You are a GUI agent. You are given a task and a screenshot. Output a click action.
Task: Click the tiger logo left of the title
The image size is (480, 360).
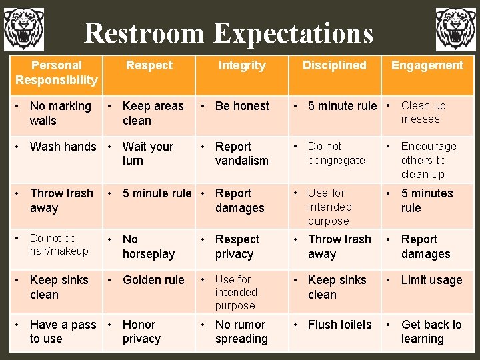(x=24, y=29)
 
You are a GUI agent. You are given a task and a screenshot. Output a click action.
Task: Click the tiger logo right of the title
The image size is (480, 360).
(x=456, y=29)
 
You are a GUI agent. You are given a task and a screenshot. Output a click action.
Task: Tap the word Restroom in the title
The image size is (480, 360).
(x=144, y=33)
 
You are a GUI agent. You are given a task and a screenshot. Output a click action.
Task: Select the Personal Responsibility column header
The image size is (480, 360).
(x=56, y=73)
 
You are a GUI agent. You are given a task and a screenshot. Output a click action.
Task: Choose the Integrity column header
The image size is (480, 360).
(x=242, y=65)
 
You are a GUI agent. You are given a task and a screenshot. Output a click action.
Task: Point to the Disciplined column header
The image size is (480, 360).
(x=334, y=65)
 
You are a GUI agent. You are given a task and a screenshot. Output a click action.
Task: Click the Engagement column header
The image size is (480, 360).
(x=427, y=65)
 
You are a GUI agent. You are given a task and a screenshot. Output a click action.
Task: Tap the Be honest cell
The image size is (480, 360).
(x=242, y=106)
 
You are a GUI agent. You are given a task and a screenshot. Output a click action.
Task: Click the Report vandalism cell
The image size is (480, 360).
(x=241, y=153)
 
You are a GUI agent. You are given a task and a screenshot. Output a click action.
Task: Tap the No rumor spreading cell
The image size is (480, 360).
(x=241, y=331)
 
